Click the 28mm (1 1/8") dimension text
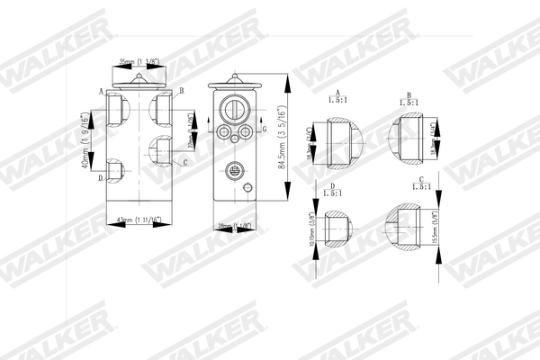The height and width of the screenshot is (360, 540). [x=233, y=226]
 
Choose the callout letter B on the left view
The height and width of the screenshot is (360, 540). [x=181, y=91]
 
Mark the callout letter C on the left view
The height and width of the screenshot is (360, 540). [x=184, y=162]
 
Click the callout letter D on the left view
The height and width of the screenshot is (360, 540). [x=99, y=177]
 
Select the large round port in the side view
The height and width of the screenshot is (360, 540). [x=232, y=112]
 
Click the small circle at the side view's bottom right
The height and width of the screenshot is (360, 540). [x=245, y=188]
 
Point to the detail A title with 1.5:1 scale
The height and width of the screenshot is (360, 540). [x=337, y=97]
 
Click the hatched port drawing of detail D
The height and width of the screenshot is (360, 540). [x=334, y=232]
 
